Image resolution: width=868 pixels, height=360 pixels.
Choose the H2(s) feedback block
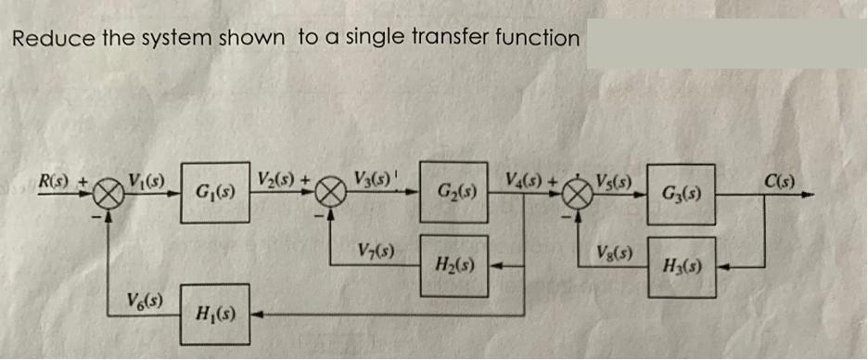pyautogui.click(x=454, y=265)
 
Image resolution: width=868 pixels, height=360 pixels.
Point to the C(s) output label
pyautogui.click(x=778, y=179)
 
